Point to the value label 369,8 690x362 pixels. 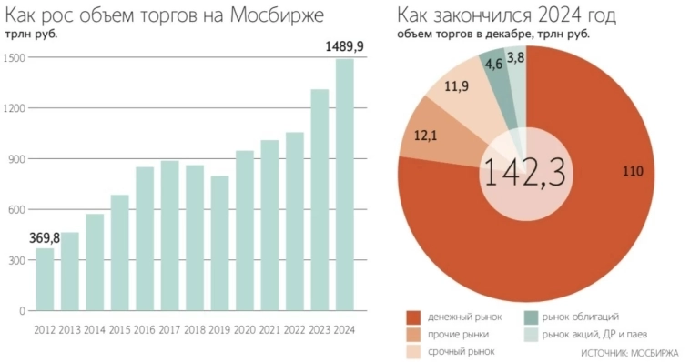(45, 236)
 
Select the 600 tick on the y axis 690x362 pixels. (17, 209)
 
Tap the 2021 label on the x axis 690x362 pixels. (270, 328)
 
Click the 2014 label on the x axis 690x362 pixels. (95, 328)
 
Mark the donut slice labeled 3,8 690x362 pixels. (515, 60)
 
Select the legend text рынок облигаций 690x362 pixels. (580, 317)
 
